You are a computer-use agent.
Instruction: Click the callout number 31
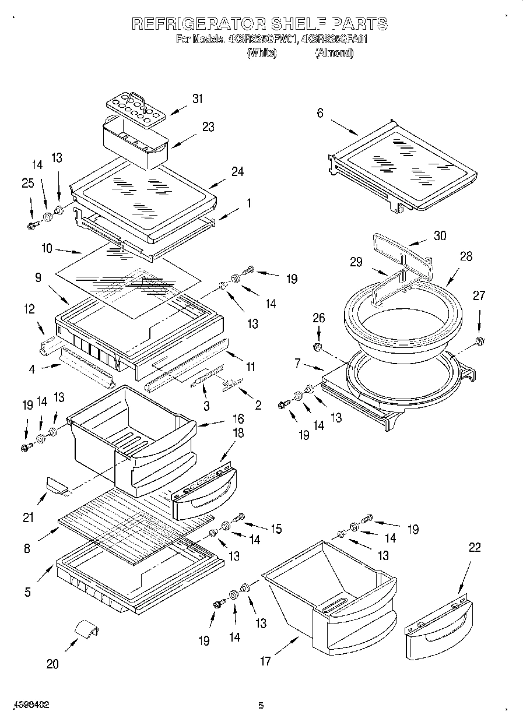198,98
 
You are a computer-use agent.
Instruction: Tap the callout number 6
320,113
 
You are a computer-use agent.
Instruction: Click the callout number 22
475,548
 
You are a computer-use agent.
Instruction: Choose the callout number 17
265,661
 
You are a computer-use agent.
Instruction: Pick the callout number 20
52,664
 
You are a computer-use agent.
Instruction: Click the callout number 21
29,517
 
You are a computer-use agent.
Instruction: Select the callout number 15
275,529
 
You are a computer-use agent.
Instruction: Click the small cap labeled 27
479,340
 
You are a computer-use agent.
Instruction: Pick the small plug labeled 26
318,347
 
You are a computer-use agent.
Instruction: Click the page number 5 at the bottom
261,706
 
